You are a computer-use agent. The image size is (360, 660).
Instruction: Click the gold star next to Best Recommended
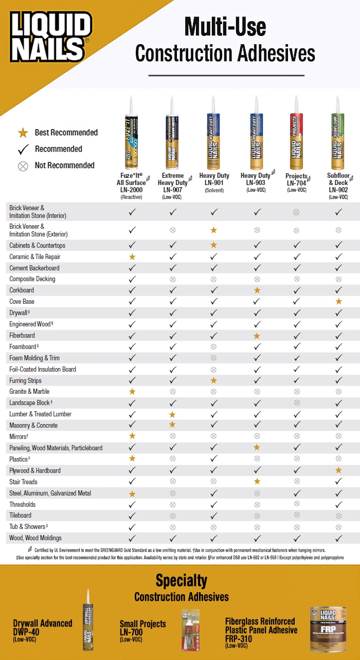pos(23,133)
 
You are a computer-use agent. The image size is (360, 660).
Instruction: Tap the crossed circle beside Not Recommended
pos(23,166)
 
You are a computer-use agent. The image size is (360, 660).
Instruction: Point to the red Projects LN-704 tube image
pos(296,133)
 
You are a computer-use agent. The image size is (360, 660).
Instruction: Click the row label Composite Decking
pos(32,279)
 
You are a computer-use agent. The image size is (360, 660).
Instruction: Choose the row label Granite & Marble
pos(29,392)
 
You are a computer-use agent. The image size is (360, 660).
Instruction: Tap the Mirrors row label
pos(19,436)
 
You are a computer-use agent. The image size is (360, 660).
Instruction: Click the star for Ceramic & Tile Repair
pos(132,256)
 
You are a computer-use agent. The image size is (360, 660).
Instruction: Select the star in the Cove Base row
pos(338,302)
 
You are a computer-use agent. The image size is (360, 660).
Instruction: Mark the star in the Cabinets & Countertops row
pos(213,245)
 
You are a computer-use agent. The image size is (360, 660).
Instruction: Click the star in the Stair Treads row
pos(257,482)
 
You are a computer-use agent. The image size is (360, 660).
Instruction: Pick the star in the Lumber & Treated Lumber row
pos(173,414)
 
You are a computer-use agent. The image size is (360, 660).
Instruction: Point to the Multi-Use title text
pos(225,26)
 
